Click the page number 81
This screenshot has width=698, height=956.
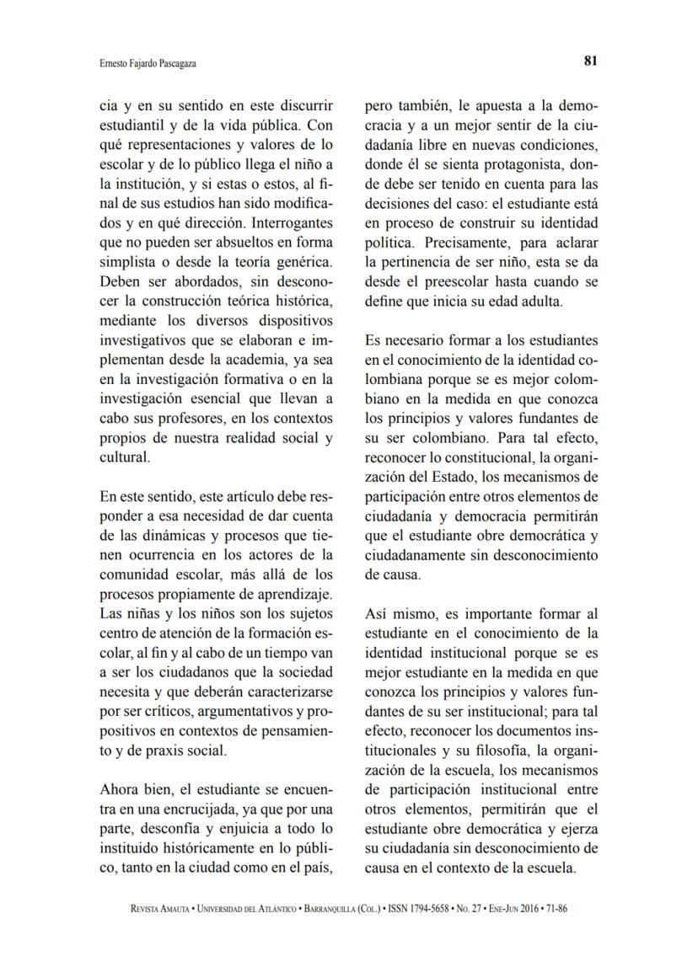tap(590, 61)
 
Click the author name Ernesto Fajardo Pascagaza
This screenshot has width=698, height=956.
tap(148, 62)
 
